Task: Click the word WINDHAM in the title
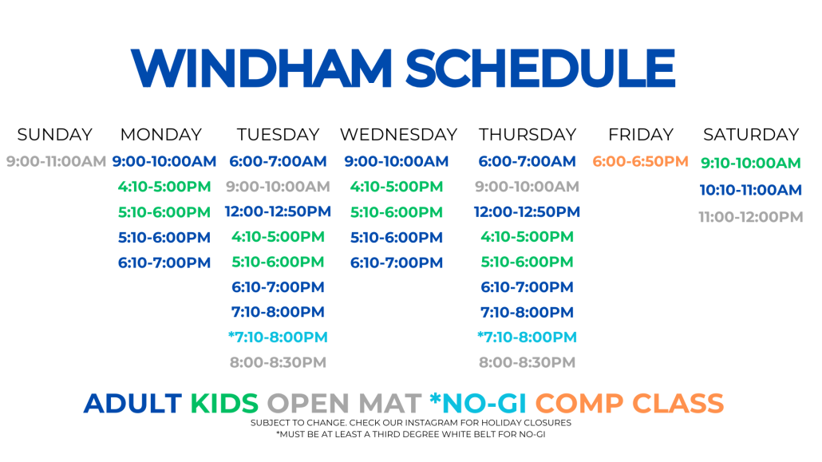tap(261, 68)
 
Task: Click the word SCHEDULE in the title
tap(540, 68)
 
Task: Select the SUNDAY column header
tap(54, 135)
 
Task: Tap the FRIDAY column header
tap(641, 135)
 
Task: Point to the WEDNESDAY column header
tap(398, 135)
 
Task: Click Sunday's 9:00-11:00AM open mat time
tap(56, 161)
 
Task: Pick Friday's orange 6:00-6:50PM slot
tap(640, 161)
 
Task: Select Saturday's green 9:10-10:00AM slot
tap(751, 163)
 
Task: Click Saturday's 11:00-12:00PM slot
tap(751, 216)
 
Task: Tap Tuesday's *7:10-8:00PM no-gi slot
tap(278, 337)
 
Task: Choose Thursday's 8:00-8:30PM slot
tap(527, 361)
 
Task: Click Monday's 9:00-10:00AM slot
tap(164, 161)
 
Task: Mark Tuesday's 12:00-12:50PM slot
tap(278, 211)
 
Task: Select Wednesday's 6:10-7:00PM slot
tap(397, 263)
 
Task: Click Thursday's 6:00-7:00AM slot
tap(527, 161)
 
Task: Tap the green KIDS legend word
tap(223, 403)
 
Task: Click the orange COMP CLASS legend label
tap(629, 403)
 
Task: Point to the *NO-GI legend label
tap(477, 403)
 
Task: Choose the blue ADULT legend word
tap(132, 403)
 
